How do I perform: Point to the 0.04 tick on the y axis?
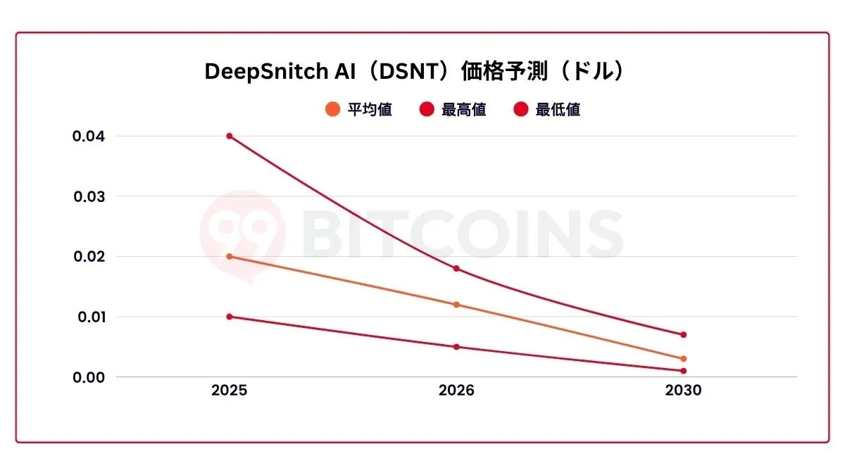[x=89, y=136]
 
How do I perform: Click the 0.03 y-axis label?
[x=89, y=196]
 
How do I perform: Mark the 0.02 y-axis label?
[x=89, y=257]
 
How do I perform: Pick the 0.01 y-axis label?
[x=89, y=317]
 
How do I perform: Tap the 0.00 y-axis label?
[x=89, y=377]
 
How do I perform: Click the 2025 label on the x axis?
[x=230, y=391]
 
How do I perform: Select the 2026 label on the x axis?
[x=456, y=391]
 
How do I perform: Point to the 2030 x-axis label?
[x=683, y=391]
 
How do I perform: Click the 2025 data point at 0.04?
[x=230, y=136]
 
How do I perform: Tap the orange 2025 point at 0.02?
[x=230, y=257]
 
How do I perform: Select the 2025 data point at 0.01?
[x=230, y=317]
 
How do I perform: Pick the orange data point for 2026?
[x=456, y=305]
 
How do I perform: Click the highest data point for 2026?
[x=456, y=269]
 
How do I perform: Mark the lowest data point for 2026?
[x=456, y=347]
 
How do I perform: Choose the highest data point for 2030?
[x=683, y=335]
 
